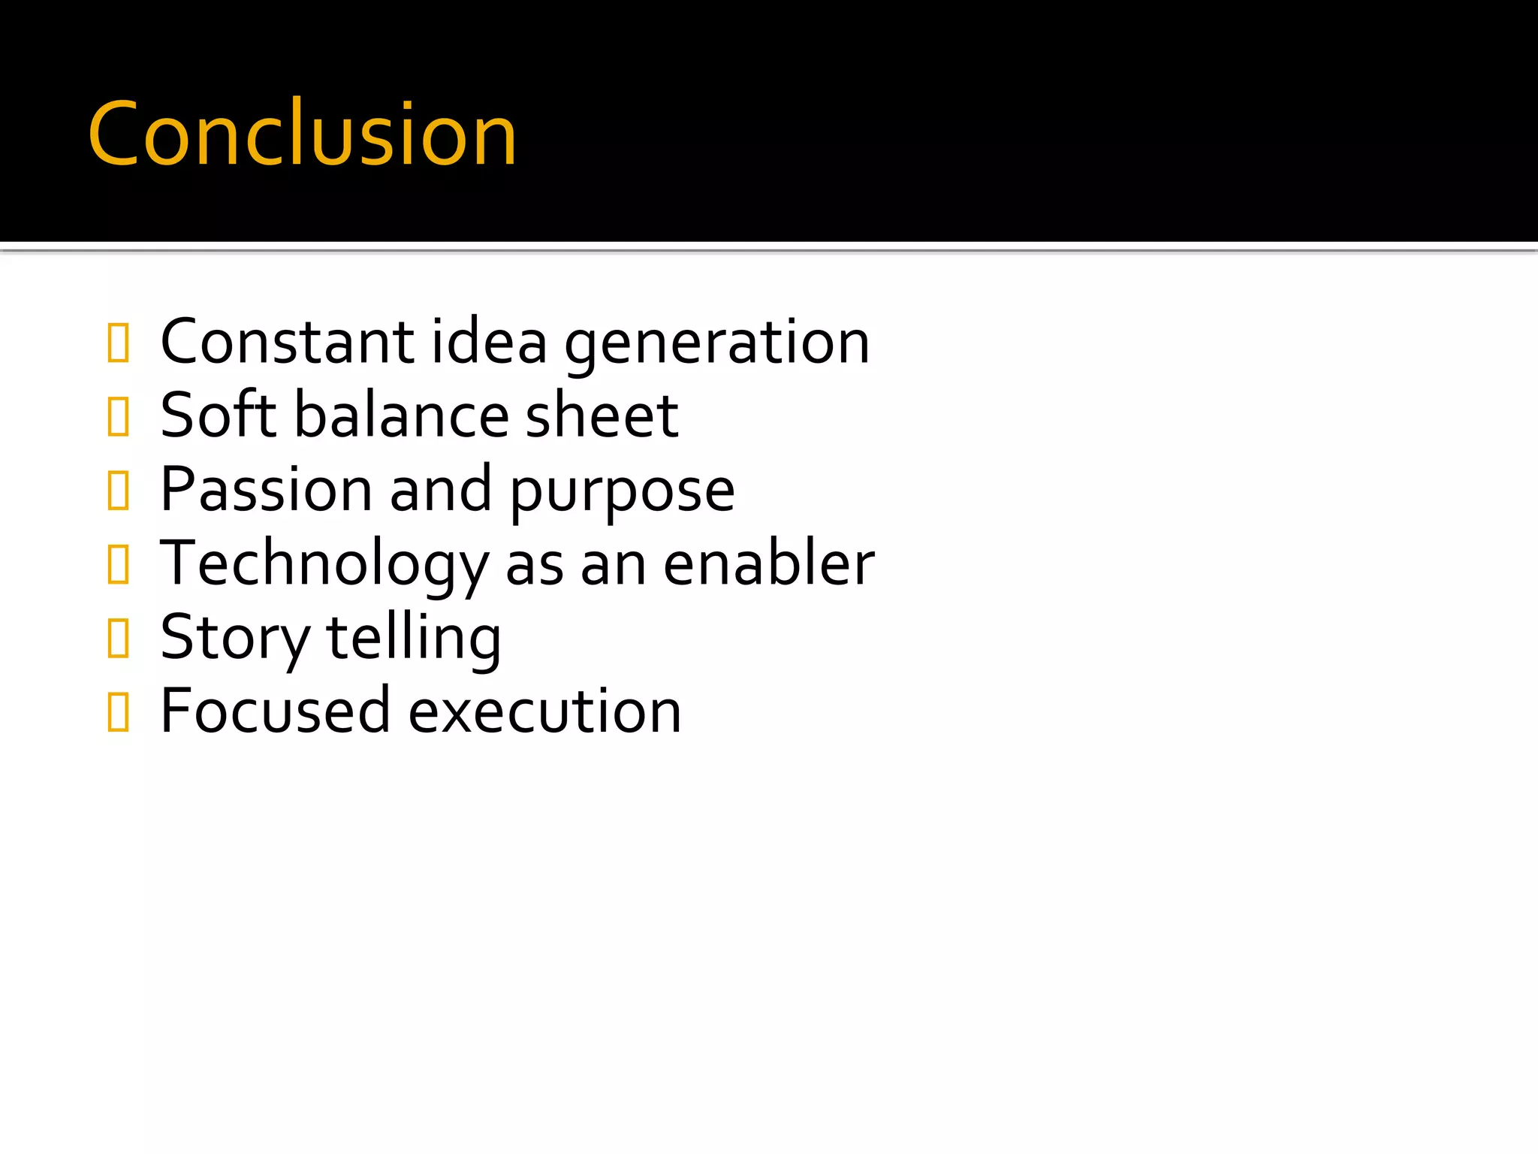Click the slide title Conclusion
click(302, 134)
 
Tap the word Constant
click(288, 342)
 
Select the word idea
click(489, 342)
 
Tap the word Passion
click(267, 489)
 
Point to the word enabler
click(769, 563)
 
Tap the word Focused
click(275, 711)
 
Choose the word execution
click(545, 711)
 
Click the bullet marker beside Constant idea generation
click(119, 343)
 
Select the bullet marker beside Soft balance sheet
click(119, 416)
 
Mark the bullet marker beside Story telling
click(119, 638)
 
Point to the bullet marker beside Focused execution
click(119, 711)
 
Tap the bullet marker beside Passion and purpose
click(119, 490)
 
